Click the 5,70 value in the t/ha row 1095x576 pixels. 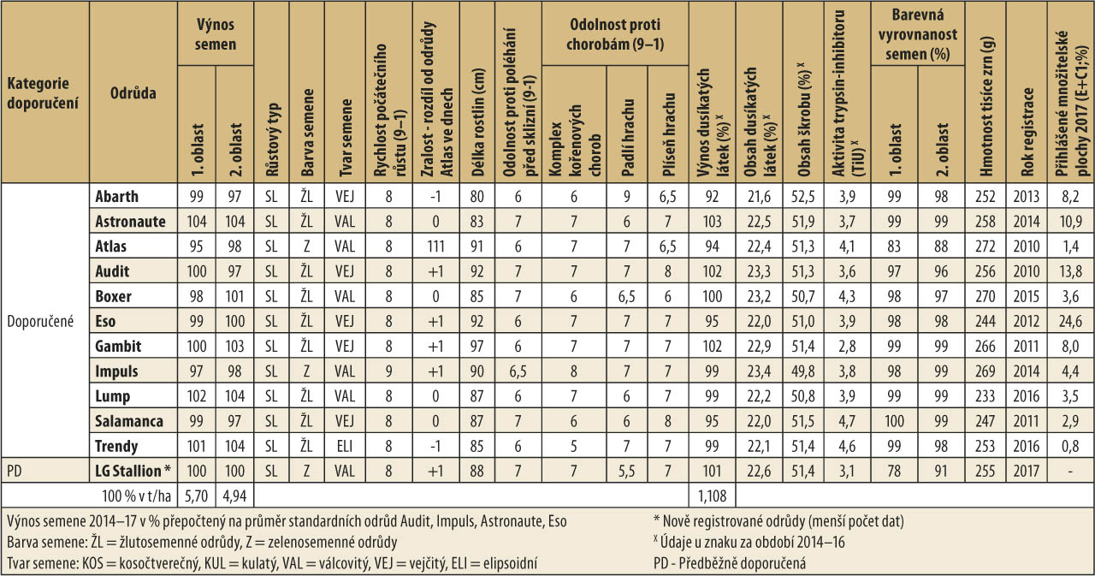(x=197, y=495)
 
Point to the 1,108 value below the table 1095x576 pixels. (x=711, y=495)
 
